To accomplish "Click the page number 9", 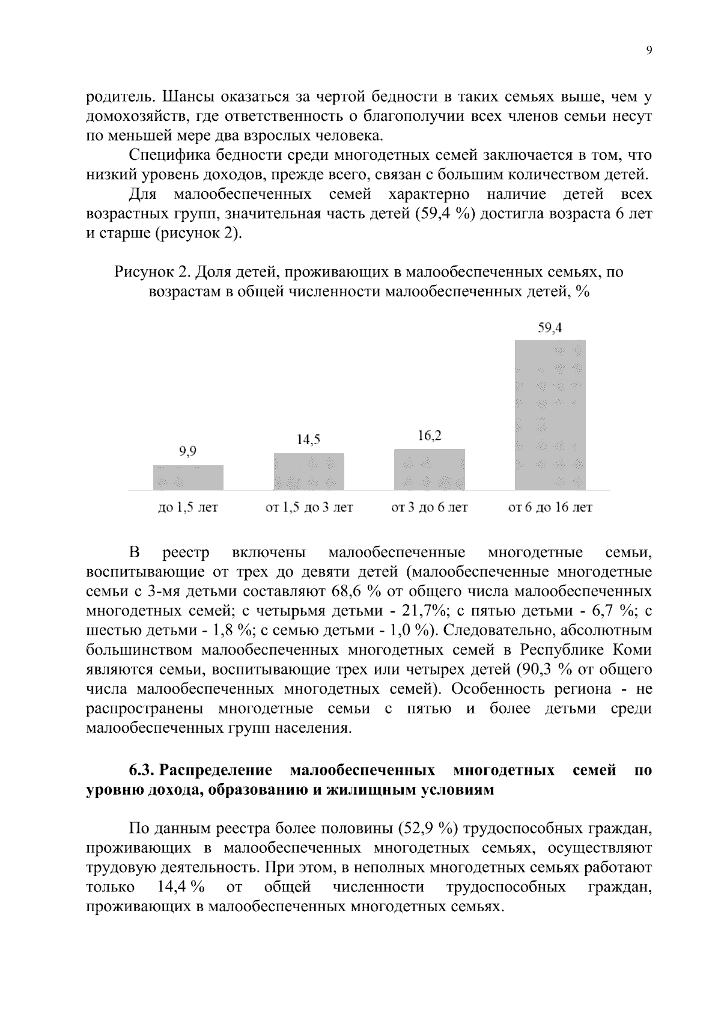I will [x=649, y=51].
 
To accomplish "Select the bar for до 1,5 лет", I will [x=188, y=477].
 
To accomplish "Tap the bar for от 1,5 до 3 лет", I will [x=309, y=471].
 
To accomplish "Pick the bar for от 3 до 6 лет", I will [x=429, y=469].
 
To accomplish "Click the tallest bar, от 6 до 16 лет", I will [x=550, y=415].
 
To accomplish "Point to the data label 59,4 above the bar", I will [x=550, y=328].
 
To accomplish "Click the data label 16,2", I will [x=429, y=436].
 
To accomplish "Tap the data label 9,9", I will [x=188, y=452].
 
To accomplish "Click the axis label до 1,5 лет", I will [x=187, y=508].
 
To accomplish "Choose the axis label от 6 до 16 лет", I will [x=550, y=508].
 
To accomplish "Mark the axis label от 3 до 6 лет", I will [x=429, y=508].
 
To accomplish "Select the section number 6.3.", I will [x=143, y=770].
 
